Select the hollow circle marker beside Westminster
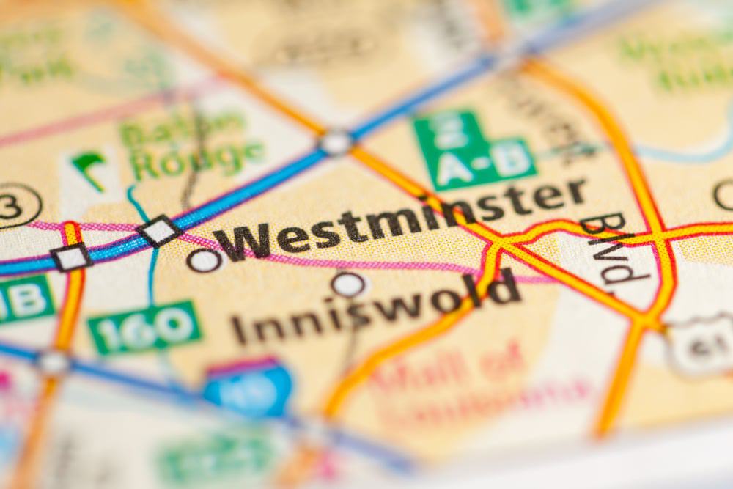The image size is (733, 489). tap(204, 260)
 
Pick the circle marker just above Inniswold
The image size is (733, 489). tap(348, 284)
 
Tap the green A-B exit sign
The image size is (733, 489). tap(473, 150)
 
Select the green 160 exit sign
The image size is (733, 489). tap(144, 327)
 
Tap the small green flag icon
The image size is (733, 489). tap(89, 167)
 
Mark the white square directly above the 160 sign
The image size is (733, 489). tap(159, 231)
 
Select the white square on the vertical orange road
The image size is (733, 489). tap(71, 257)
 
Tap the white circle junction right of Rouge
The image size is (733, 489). tap(335, 142)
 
